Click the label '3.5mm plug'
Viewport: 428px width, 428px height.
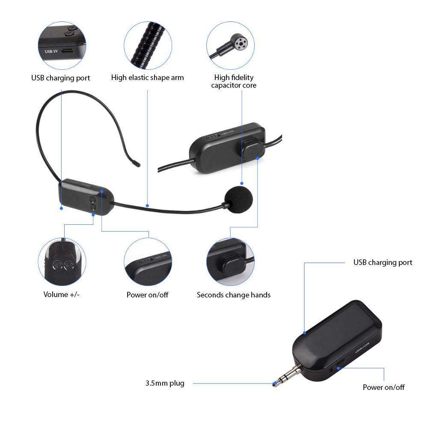(165, 383)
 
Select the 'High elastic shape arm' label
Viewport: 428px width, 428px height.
(147, 77)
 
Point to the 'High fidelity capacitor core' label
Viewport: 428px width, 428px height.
(234, 81)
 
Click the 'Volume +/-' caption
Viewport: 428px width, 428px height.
(62, 294)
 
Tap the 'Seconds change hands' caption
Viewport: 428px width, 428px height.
(234, 294)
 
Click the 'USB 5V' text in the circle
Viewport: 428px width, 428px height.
(51, 51)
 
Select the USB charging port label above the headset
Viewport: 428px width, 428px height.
(61, 78)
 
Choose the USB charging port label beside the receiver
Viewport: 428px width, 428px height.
(383, 262)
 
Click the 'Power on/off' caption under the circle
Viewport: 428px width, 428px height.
(147, 294)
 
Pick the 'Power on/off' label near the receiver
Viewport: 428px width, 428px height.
(383, 387)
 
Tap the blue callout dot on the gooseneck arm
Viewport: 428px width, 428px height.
(147, 205)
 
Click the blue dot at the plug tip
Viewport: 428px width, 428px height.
(274, 383)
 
